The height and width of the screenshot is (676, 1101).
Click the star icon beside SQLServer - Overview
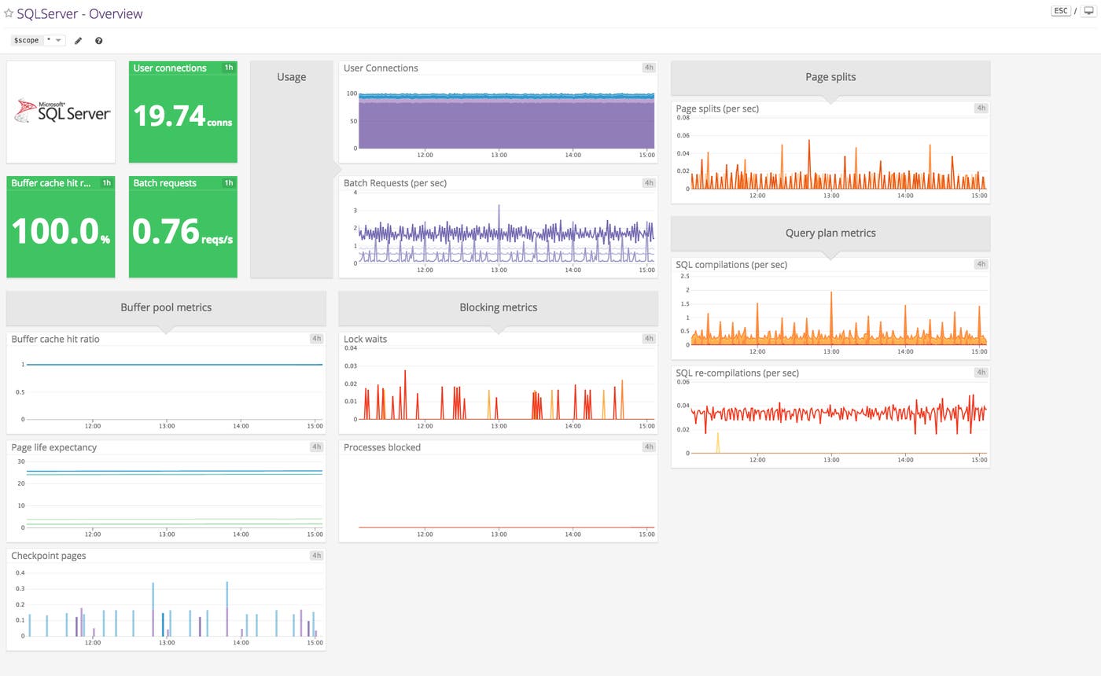coord(9,13)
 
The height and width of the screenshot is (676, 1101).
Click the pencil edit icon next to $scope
coord(78,40)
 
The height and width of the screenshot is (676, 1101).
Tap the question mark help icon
coord(98,40)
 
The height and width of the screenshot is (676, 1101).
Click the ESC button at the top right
coord(1060,11)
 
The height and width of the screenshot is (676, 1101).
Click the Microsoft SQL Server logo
coord(61,112)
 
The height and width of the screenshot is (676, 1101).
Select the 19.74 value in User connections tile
coord(169,116)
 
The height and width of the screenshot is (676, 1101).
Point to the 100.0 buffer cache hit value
coord(54,232)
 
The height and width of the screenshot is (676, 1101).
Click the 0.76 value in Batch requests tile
coord(166,232)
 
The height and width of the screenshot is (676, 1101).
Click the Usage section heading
coord(291,77)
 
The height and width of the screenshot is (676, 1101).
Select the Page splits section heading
coord(830,77)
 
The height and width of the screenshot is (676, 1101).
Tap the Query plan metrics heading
coord(830,233)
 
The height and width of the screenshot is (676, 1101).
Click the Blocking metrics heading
coord(498,307)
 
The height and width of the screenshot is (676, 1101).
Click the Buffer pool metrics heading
coord(166,307)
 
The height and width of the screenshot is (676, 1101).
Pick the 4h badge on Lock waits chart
coord(648,339)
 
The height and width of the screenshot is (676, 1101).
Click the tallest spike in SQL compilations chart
coord(831,293)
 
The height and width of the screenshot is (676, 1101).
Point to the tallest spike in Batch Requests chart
coord(499,207)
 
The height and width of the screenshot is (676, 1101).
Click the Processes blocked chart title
coord(382,447)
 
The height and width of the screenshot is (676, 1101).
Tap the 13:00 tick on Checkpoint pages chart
coord(167,643)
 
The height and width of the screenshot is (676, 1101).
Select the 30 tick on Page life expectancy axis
coord(21,461)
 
